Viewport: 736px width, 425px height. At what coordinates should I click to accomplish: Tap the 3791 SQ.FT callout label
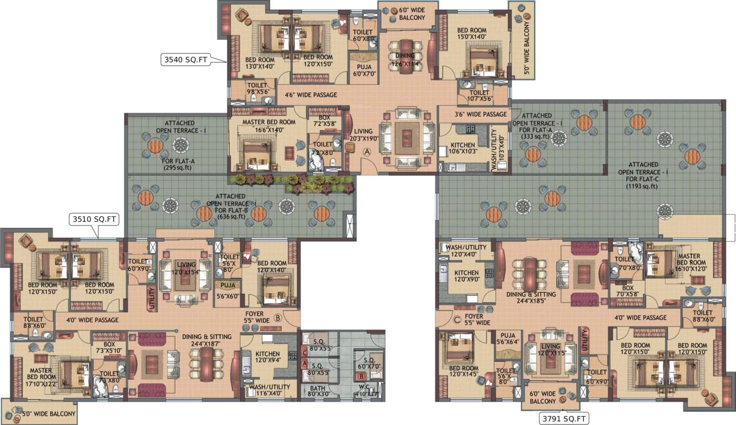coord(564,418)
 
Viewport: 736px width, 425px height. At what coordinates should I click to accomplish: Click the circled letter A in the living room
coord(366,151)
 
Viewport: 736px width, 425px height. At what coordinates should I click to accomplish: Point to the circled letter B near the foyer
coord(277,318)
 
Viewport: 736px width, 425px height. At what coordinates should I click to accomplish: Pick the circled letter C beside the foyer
coord(457,319)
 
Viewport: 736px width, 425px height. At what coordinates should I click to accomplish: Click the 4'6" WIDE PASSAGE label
coord(311,95)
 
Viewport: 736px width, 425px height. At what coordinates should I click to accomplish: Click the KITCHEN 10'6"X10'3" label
coord(463,148)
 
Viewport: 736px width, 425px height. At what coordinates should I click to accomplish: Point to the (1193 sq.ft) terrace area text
coord(642,186)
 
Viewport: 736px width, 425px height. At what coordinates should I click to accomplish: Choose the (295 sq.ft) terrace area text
coord(177,167)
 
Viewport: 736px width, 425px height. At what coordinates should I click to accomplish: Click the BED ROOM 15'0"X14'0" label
coord(471,34)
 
